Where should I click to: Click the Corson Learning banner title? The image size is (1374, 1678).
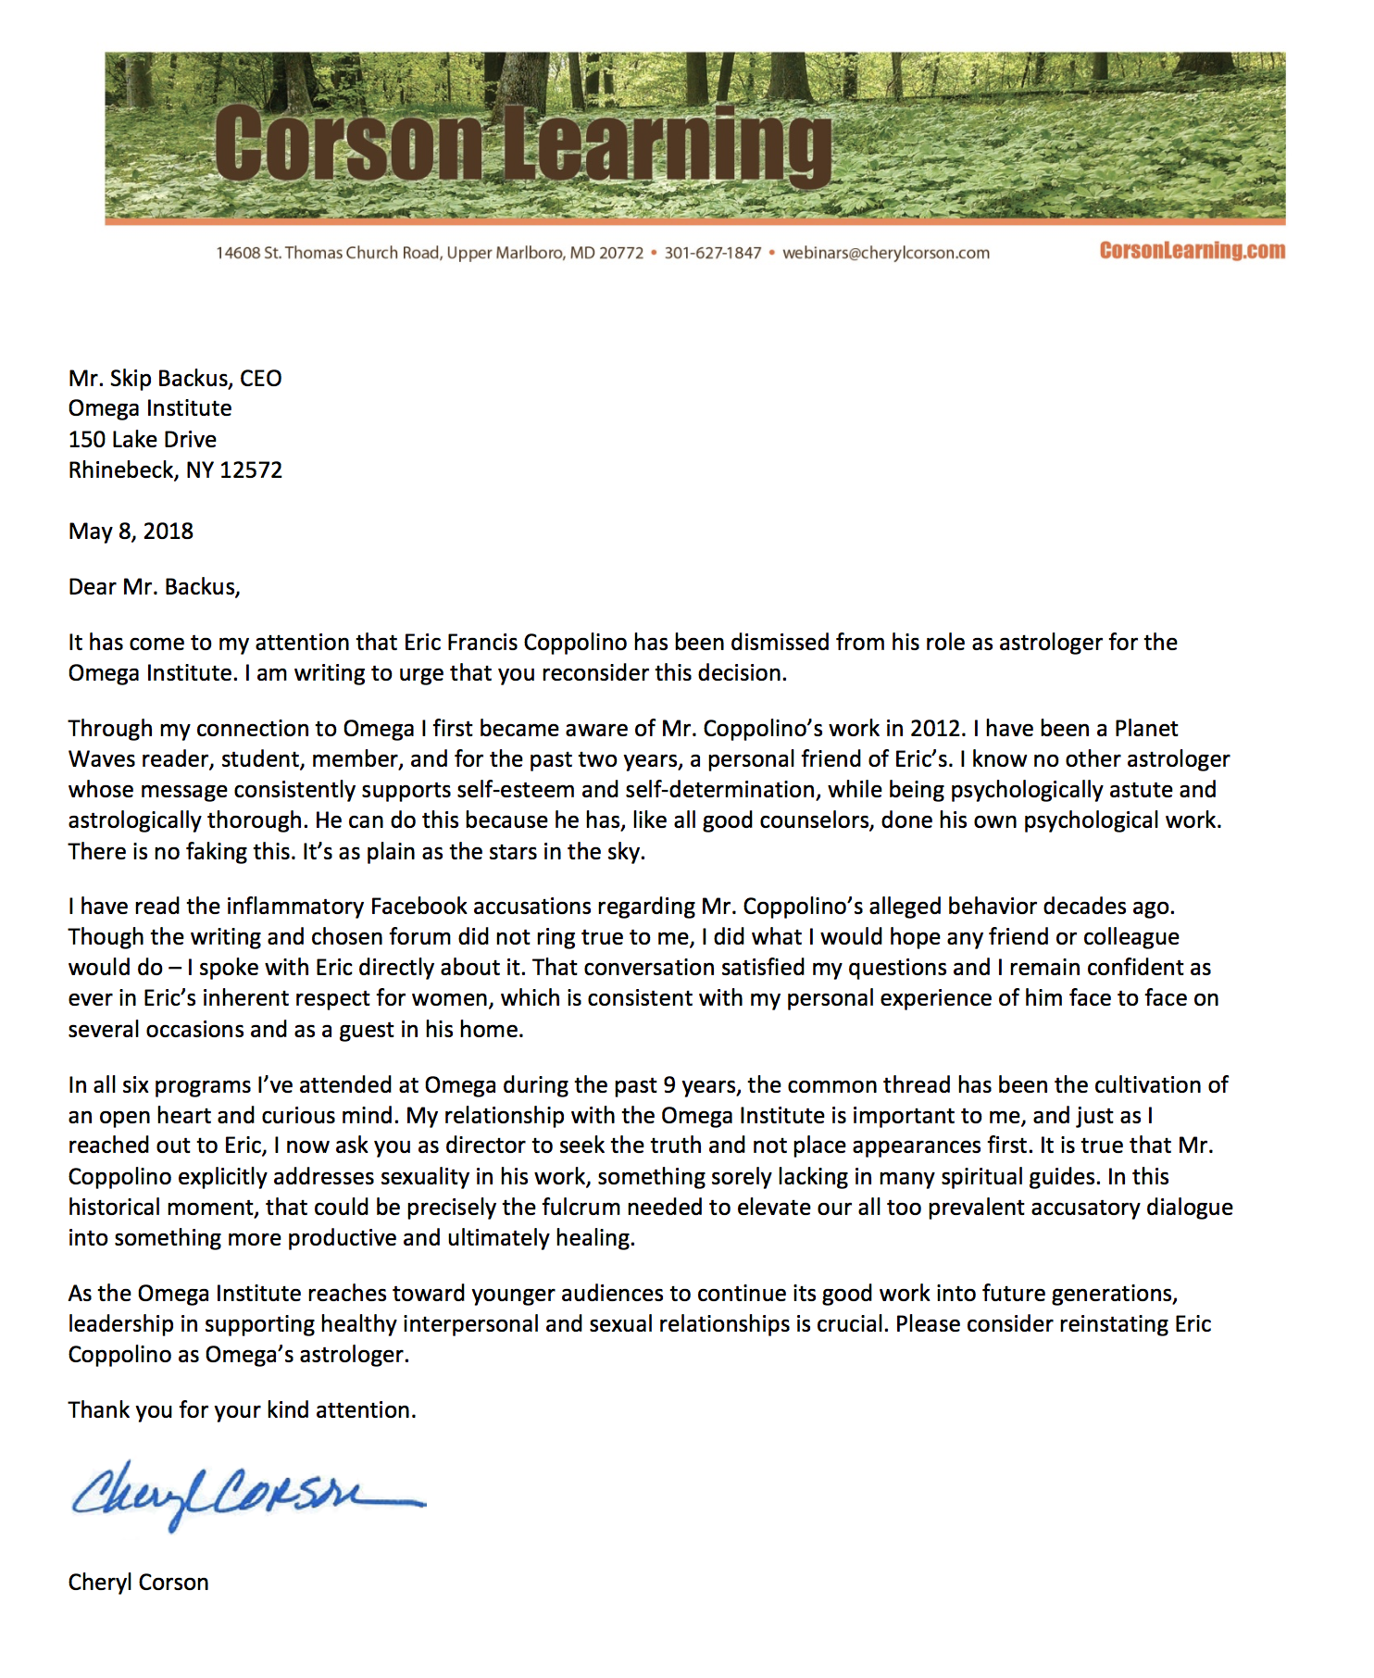[523, 144]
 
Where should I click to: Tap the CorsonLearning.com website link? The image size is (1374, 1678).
[1192, 251]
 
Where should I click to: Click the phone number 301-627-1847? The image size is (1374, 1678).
[712, 253]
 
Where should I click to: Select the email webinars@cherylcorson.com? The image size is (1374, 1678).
[886, 253]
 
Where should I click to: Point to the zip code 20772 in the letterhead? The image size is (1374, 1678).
[620, 253]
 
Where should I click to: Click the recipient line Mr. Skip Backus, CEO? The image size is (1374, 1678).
[175, 378]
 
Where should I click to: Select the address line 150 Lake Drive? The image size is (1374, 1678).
[143, 439]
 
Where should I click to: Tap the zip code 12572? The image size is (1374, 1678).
[251, 470]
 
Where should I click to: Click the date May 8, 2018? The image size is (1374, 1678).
[131, 531]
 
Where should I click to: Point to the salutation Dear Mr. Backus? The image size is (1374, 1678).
[154, 586]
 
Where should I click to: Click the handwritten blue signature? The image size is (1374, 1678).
[245, 1493]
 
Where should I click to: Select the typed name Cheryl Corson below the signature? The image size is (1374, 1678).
[138, 1582]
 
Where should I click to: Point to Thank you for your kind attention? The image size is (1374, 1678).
[242, 1409]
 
